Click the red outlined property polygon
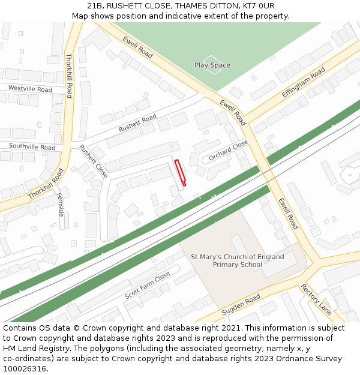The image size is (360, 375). click(180, 172)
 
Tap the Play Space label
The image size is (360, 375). click(212, 65)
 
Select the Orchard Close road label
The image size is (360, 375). click(229, 151)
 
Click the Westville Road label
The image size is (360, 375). click(30, 89)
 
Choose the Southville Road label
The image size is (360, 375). click(32, 147)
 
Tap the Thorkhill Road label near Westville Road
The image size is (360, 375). click(68, 76)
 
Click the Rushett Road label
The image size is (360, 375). click(137, 123)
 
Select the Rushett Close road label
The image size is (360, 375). click(94, 162)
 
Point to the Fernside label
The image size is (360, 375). click(60, 204)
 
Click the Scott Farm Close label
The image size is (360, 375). click(148, 286)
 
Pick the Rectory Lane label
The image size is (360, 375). click(316, 299)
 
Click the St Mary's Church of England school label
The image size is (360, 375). click(238, 260)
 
